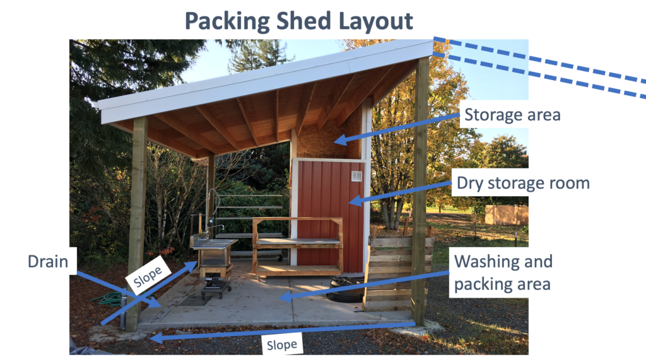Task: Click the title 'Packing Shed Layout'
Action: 299,20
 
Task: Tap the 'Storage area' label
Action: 512,115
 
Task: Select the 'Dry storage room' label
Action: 523,183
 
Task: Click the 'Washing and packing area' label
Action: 503,272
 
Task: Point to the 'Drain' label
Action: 48,260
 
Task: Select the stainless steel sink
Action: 214,243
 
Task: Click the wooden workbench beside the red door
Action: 297,243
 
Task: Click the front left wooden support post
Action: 136,221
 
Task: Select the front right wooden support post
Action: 420,189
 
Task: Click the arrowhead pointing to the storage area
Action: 339,140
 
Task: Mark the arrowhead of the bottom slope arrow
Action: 155,339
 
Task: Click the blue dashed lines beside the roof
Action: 543,66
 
